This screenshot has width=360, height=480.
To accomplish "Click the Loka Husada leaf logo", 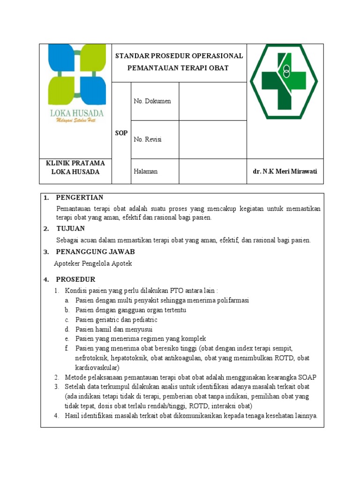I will point(77,75).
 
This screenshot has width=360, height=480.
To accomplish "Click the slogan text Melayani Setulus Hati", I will point(76,121).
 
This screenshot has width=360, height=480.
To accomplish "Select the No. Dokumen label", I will point(152,101).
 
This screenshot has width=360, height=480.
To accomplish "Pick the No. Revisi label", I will point(148,139).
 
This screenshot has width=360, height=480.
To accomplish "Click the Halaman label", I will point(145,172).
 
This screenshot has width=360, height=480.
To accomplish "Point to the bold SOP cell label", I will point(121,133).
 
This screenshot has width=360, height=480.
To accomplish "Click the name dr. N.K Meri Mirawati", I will point(285,172).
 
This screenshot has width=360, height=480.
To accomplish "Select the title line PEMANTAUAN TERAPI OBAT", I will point(178,68).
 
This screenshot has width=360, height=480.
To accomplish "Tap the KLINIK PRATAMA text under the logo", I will point(75,163).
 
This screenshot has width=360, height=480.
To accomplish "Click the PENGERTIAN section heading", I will point(79,197).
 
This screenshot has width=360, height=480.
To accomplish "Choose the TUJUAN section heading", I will point(70,229).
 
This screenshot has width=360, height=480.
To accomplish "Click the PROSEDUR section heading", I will point(75,279).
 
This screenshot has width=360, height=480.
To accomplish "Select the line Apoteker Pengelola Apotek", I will point(93,263).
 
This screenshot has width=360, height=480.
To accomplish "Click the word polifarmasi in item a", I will point(232,300).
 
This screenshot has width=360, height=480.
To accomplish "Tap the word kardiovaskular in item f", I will point(97,367).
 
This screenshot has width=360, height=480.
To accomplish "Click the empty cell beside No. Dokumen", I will point(212,101).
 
